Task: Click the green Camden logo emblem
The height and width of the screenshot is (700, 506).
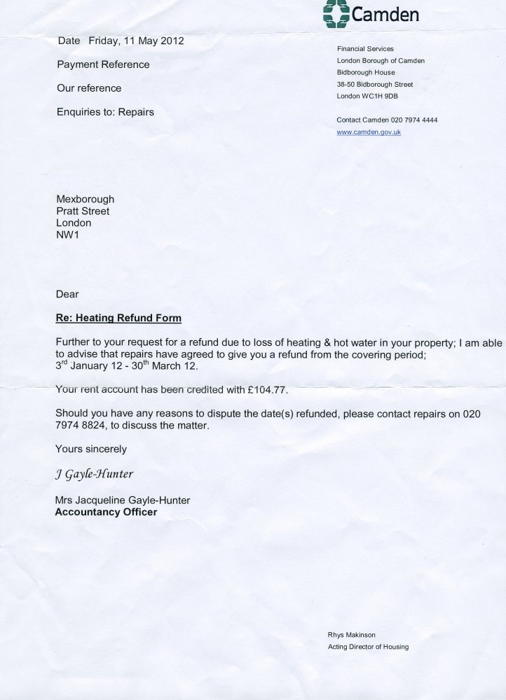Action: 336,13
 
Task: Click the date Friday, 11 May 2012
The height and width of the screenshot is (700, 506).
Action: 136,41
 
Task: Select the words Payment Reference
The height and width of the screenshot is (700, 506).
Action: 102,64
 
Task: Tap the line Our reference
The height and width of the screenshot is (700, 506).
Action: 88,88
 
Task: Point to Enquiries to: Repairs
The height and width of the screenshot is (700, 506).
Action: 104,111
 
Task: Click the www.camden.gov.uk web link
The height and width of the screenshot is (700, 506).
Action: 369,132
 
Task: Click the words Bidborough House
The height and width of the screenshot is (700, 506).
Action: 366,72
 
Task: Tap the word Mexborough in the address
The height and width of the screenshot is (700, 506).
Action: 85,199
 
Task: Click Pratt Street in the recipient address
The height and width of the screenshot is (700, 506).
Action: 83,211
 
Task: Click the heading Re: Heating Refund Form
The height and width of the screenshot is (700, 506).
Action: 118,318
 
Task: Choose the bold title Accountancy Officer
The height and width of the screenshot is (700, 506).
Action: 106,512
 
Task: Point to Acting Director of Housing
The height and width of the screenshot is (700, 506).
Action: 368,647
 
